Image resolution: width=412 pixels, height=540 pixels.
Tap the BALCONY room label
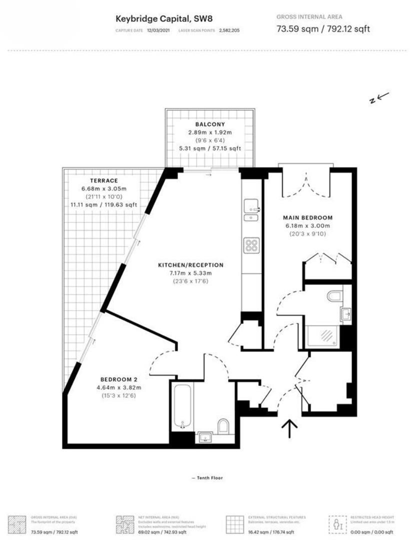[210, 124]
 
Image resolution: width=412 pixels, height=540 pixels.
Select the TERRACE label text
[104, 180]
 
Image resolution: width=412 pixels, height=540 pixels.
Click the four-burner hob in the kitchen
[250, 245]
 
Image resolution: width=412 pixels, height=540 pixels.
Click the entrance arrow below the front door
[289, 429]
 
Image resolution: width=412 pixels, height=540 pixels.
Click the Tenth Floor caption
[207, 478]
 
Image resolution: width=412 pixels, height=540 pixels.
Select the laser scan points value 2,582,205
[228, 30]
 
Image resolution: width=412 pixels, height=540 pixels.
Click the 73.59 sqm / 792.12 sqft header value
[323, 28]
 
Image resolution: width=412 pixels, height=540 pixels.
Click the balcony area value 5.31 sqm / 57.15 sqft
[210, 148]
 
